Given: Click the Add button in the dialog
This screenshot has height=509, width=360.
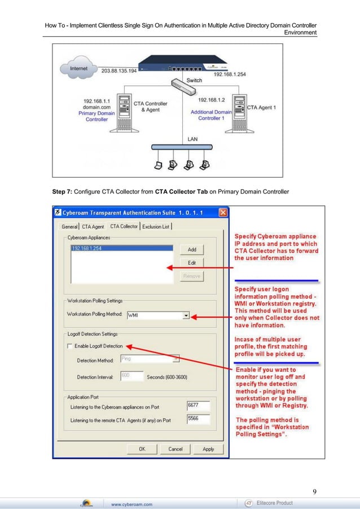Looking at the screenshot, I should pos(192,249).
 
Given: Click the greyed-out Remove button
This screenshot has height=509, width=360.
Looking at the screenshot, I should pos(192,277).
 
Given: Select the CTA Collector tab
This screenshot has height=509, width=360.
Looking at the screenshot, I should pos(124,226).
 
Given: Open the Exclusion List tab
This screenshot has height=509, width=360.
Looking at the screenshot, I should pos(156,227).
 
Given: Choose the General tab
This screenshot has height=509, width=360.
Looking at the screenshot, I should pos(70,227).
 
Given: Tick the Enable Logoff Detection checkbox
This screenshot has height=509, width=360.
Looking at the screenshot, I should pos(70,346).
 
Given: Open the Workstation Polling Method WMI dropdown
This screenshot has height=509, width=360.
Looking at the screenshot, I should pos(186,316).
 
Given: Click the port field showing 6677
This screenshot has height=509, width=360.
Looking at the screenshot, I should pos(197,405).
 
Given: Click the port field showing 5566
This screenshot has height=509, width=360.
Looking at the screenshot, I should pos(197,419).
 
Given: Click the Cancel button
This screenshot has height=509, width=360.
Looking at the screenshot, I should pos(175,449).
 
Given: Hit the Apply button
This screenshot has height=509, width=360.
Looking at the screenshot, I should pos(208,449).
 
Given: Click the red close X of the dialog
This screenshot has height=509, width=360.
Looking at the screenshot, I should pos(223,213).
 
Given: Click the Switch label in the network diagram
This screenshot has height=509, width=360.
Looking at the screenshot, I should pos(194,80).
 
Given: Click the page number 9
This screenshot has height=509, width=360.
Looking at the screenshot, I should pos(314,491).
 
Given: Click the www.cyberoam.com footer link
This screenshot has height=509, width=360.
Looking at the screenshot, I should pos(131,504).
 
